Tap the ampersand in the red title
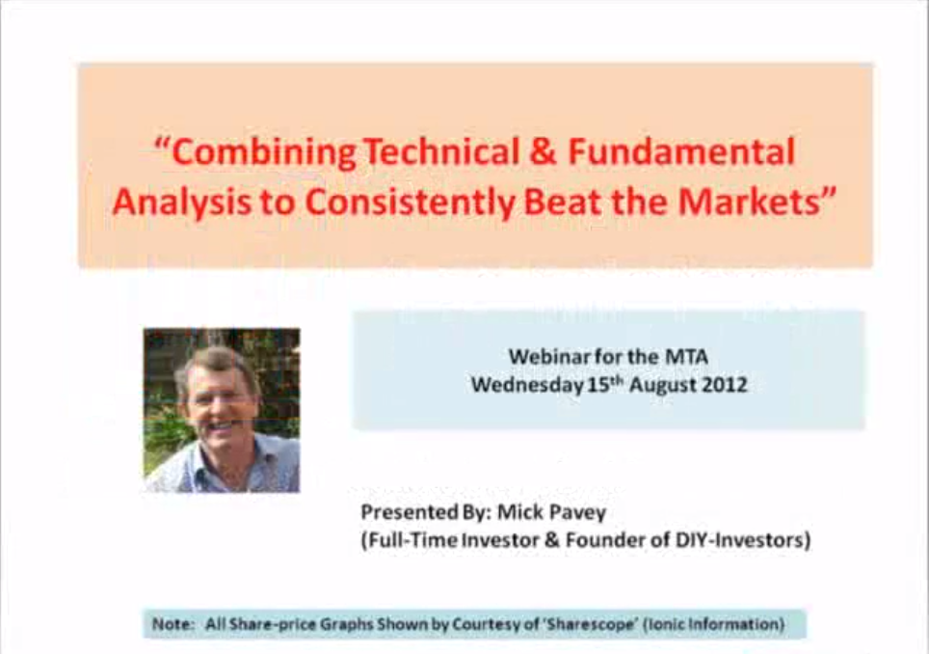tap(543, 151)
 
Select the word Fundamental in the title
tap(681, 151)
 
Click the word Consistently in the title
tap(410, 203)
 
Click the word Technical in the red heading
tap(440, 151)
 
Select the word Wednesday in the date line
tap(527, 386)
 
